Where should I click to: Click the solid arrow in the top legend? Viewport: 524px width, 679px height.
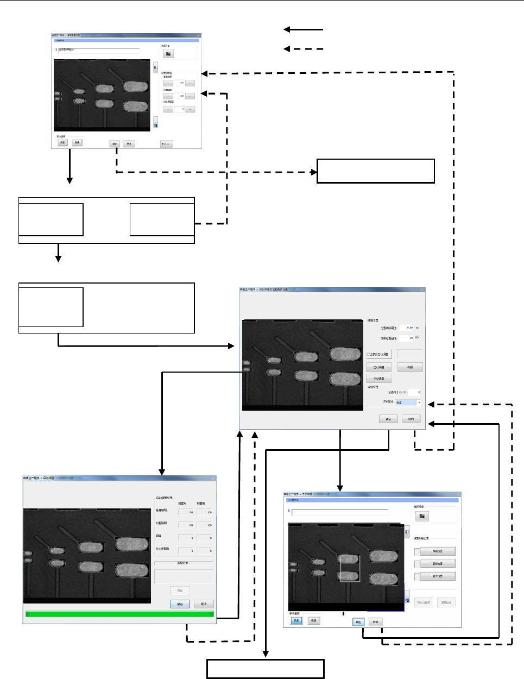click(304, 29)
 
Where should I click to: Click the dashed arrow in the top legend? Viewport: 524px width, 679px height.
click(304, 49)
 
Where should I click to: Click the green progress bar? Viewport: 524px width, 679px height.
click(119, 614)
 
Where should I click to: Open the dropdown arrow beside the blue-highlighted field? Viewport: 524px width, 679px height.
click(419, 403)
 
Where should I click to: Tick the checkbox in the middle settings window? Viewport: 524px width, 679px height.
click(368, 354)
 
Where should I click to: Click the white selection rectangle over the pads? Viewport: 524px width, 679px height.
click(350, 568)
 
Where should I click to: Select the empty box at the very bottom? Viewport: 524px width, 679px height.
click(265, 669)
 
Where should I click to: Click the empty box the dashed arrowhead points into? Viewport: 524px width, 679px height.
click(376, 171)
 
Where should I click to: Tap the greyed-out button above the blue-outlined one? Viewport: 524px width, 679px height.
click(180, 590)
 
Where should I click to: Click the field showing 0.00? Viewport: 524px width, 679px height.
click(406, 328)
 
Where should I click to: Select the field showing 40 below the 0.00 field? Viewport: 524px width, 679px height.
click(406, 338)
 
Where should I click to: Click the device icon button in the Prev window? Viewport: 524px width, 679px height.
click(168, 54)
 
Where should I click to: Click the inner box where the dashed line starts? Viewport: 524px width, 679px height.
click(162, 219)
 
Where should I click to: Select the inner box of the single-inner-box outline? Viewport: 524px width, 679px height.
click(51, 307)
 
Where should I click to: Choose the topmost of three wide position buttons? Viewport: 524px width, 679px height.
click(438, 551)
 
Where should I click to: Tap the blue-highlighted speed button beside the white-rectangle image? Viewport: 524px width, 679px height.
click(296, 620)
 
